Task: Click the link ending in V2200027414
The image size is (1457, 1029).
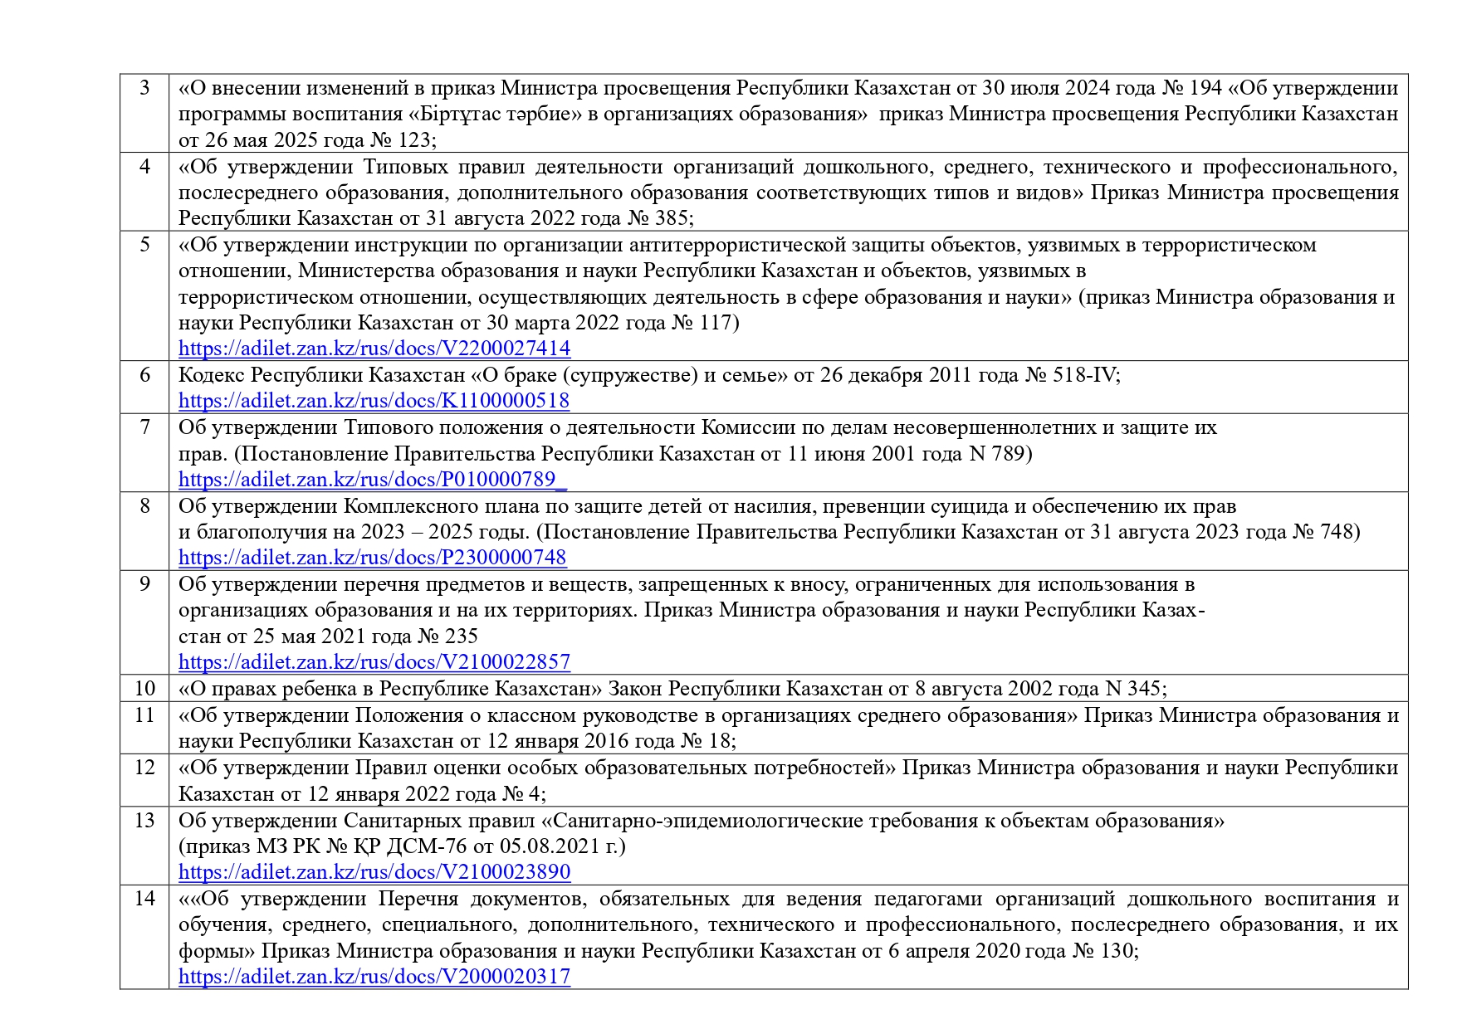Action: pyautogui.click(x=374, y=348)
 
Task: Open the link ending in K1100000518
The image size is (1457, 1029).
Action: pyautogui.click(x=374, y=401)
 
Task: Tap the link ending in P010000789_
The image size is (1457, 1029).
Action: pyautogui.click(x=373, y=480)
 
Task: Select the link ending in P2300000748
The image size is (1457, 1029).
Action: pyautogui.click(x=372, y=558)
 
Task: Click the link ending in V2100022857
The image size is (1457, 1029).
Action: pyautogui.click(x=374, y=662)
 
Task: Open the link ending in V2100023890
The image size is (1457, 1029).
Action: pyautogui.click(x=374, y=872)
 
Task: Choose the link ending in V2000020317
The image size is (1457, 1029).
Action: pyautogui.click(x=374, y=977)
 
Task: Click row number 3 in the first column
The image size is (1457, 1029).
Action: pyautogui.click(x=144, y=87)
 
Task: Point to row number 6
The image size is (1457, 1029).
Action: pyautogui.click(x=144, y=375)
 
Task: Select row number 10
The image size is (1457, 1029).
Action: pyautogui.click(x=144, y=688)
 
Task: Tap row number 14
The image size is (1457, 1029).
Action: pyautogui.click(x=144, y=899)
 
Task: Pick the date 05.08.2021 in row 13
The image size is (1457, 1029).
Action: pyautogui.click(x=540, y=846)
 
